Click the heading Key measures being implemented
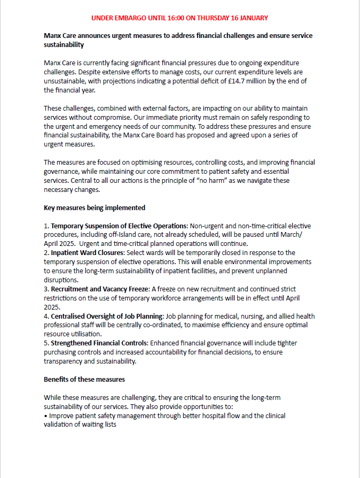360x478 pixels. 95,207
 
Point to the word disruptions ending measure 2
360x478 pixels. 61,280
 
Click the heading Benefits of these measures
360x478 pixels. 84,380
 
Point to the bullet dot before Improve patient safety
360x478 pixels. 45,416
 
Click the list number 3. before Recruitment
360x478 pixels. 46,289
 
